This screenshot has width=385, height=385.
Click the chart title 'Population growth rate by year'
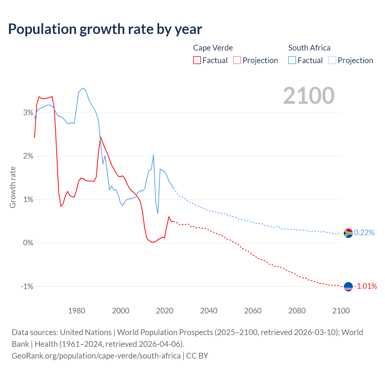[105, 29]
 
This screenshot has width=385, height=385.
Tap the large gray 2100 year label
[309, 96]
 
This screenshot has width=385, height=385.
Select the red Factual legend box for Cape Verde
[197, 60]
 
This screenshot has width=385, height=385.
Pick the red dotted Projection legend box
[237, 60]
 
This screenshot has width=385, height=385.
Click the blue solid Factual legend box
[292, 60]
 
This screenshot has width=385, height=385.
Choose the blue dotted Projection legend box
[332, 60]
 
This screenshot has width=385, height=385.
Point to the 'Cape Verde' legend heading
[213, 48]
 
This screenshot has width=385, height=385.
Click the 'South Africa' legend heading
[309, 48]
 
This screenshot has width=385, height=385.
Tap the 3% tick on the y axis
[28, 112]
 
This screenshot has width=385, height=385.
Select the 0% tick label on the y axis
[28, 243]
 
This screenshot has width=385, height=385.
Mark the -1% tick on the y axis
[27, 286]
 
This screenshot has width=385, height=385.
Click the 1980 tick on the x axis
[77, 311]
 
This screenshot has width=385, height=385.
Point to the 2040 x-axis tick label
[209, 311]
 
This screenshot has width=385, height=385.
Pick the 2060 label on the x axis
[253, 311]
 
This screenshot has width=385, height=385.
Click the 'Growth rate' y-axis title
[13, 187]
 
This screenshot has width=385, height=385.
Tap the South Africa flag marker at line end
[348, 233]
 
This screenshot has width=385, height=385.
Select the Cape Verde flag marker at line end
[348, 287]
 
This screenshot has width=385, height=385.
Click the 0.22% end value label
[364, 233]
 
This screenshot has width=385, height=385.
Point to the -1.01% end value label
[365, 286]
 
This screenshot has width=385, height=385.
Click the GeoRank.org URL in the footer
[96, 356]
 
